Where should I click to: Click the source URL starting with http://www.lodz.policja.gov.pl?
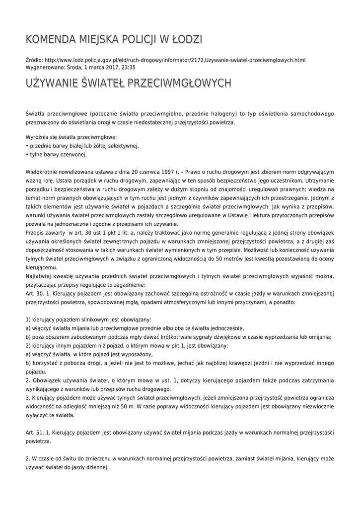(x=174, y=60)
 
